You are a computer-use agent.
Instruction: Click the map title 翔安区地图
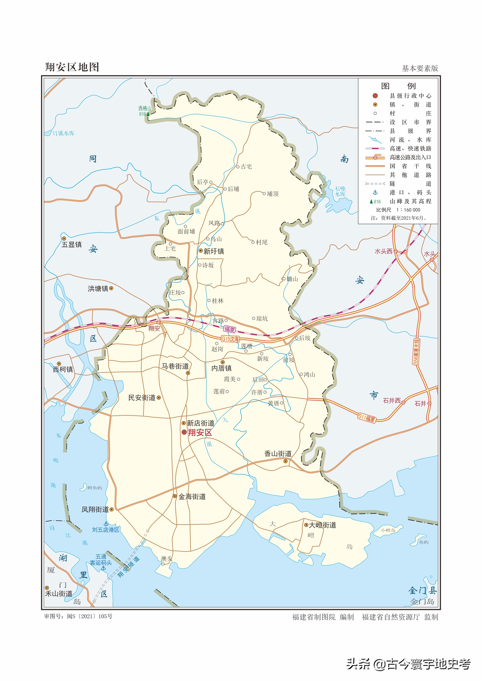72,67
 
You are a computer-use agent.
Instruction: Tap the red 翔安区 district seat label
200,433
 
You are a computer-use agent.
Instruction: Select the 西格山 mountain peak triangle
148,114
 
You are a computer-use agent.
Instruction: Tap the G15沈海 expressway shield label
230,339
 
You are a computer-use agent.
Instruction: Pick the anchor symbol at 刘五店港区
106,524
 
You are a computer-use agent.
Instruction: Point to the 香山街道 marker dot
285,461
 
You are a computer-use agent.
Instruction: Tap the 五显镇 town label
72,244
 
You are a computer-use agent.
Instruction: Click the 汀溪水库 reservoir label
63,133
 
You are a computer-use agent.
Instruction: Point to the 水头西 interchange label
383,251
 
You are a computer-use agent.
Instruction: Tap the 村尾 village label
262,242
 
